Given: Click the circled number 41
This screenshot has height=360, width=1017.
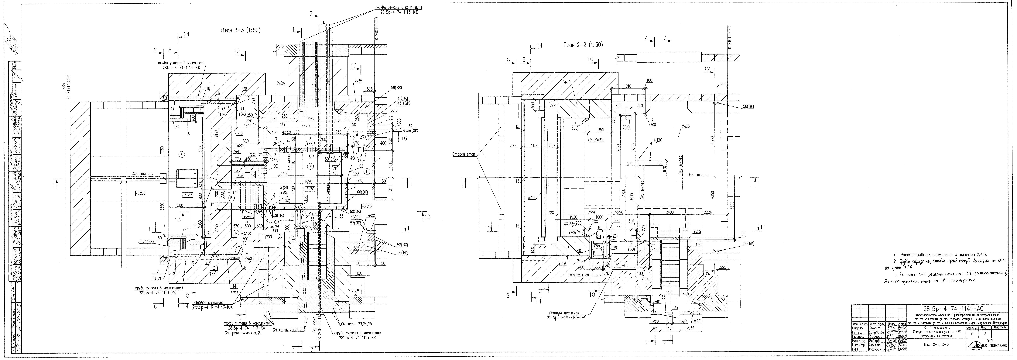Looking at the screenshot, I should point(367,172).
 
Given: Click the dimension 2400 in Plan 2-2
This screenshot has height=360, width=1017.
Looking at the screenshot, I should point(670,212).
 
